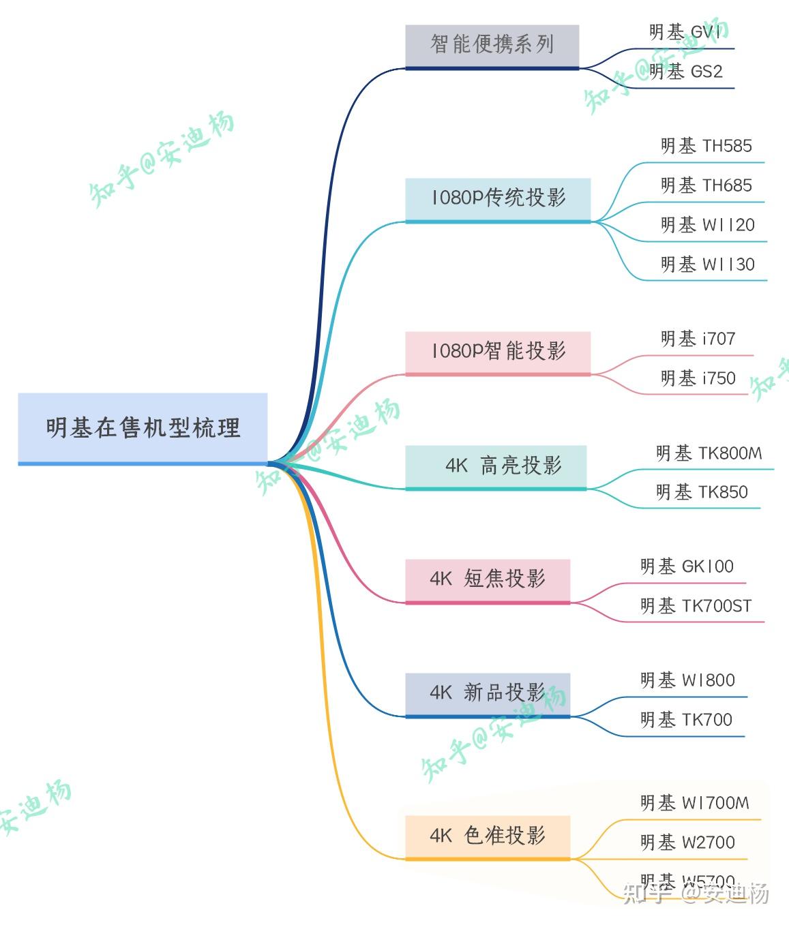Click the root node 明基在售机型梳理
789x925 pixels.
click(x=143, y=428)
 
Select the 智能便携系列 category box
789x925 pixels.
click(x=492, y=45)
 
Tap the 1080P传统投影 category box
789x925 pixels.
click(x=498, y=198)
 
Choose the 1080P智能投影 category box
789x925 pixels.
click(x=498, y=352)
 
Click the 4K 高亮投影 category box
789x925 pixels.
click(x=496, y=466)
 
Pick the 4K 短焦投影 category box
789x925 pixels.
click(x=488, y=579)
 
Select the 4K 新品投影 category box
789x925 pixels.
click(x=488, y=693)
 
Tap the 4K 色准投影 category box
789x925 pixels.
click(x=488, y=836)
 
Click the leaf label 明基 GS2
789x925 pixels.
click(x=685, y=72)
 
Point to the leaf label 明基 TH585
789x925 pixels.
click(x=706, y=146)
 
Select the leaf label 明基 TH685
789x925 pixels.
click(x=706, y=185)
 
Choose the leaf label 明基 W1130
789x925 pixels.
click(x=707, y=264)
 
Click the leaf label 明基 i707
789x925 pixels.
click(x=698, y=339)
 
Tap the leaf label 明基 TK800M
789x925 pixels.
click(x=709, y=453)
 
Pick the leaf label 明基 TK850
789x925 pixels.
click(x=702, y=492)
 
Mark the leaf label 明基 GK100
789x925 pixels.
click(x=687, y=566)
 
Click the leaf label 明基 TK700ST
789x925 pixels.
click(x=696, y=606)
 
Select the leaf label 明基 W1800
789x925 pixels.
click(x=687, y=680)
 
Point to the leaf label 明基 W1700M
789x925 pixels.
click(x=694, y=804)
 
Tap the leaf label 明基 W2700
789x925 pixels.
click(x=687, y=843)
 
